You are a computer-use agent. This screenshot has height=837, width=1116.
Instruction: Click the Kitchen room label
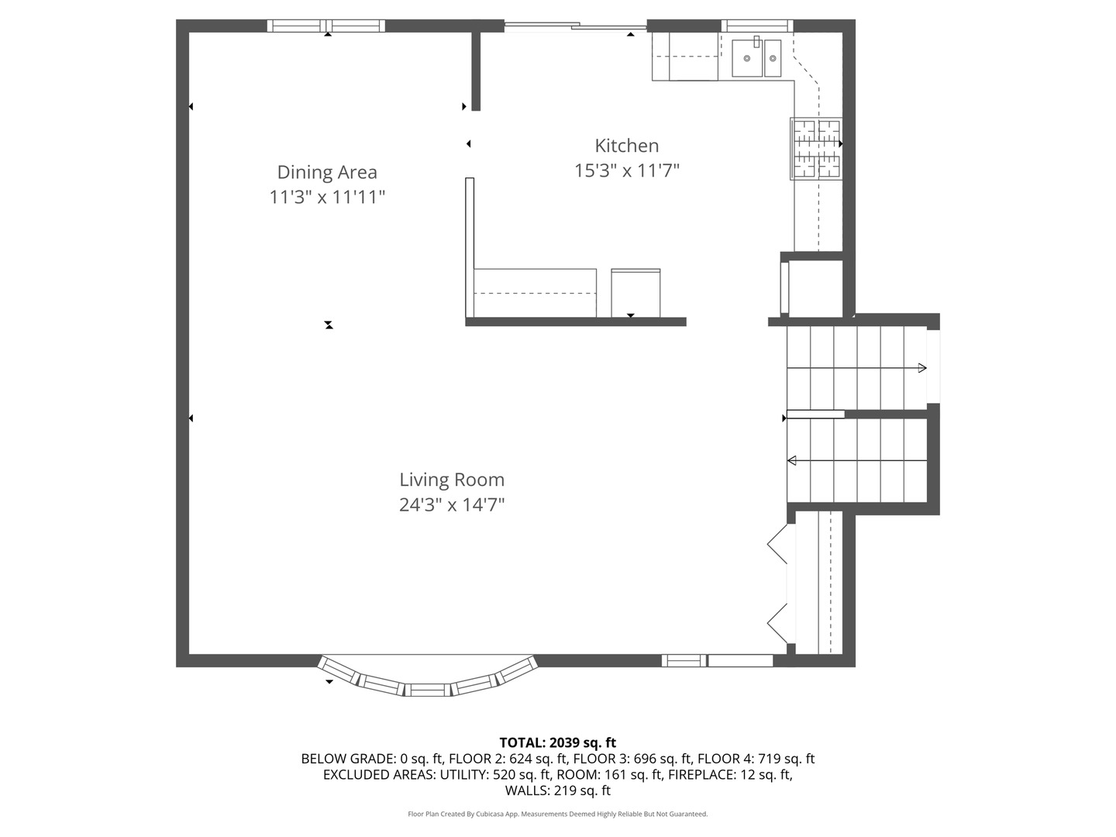click(x=626, y=146)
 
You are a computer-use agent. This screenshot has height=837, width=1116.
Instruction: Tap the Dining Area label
click(x=327, y=172)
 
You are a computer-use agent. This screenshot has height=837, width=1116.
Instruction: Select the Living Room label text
click(x=452, y=480)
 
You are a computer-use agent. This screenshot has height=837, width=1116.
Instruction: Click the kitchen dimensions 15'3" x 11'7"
click(x=626, y=170)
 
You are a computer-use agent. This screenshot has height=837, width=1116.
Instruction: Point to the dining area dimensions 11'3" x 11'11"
click(x=327, y=197)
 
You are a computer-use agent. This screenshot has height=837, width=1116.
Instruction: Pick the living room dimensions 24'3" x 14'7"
click(x=452, y=505)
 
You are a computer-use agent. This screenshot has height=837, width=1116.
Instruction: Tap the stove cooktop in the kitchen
click(x=815, y=149)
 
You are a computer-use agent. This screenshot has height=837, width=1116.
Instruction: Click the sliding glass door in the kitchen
click(x=576, y=26)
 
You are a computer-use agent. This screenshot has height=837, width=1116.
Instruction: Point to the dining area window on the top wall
click(x=326, y=26)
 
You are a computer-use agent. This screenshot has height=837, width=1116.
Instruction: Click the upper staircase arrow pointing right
click(x=856, y=368)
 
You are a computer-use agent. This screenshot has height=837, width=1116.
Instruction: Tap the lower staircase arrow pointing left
click(x=856, y=461)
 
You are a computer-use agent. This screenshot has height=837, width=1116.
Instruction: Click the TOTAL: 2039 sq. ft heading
click(x=558, y=743)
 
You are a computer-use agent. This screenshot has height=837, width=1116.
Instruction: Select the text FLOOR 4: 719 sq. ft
click(x=756, y=759)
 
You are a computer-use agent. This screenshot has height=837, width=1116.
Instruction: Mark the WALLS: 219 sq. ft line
click(x=558, y=790)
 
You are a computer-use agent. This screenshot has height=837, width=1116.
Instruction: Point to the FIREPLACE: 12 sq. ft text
click(x=731, y=774)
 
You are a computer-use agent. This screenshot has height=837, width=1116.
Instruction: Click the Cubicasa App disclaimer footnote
click(x=558, y=814)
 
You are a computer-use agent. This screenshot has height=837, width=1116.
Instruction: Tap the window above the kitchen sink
click(x=757, y=26)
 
